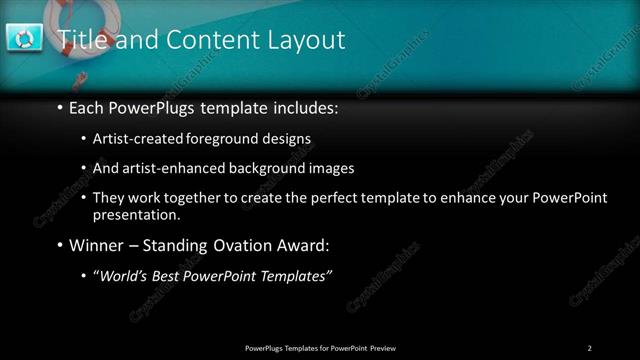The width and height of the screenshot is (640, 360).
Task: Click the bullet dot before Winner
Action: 60,245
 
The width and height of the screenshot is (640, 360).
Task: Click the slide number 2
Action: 590,348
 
